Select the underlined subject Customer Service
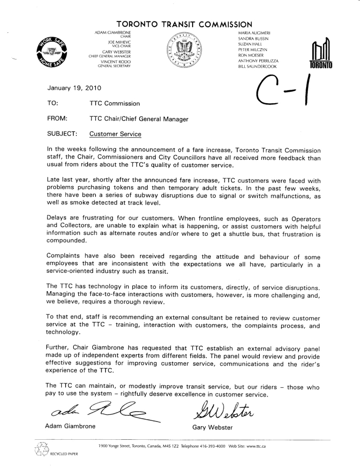(x=115, y=134)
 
